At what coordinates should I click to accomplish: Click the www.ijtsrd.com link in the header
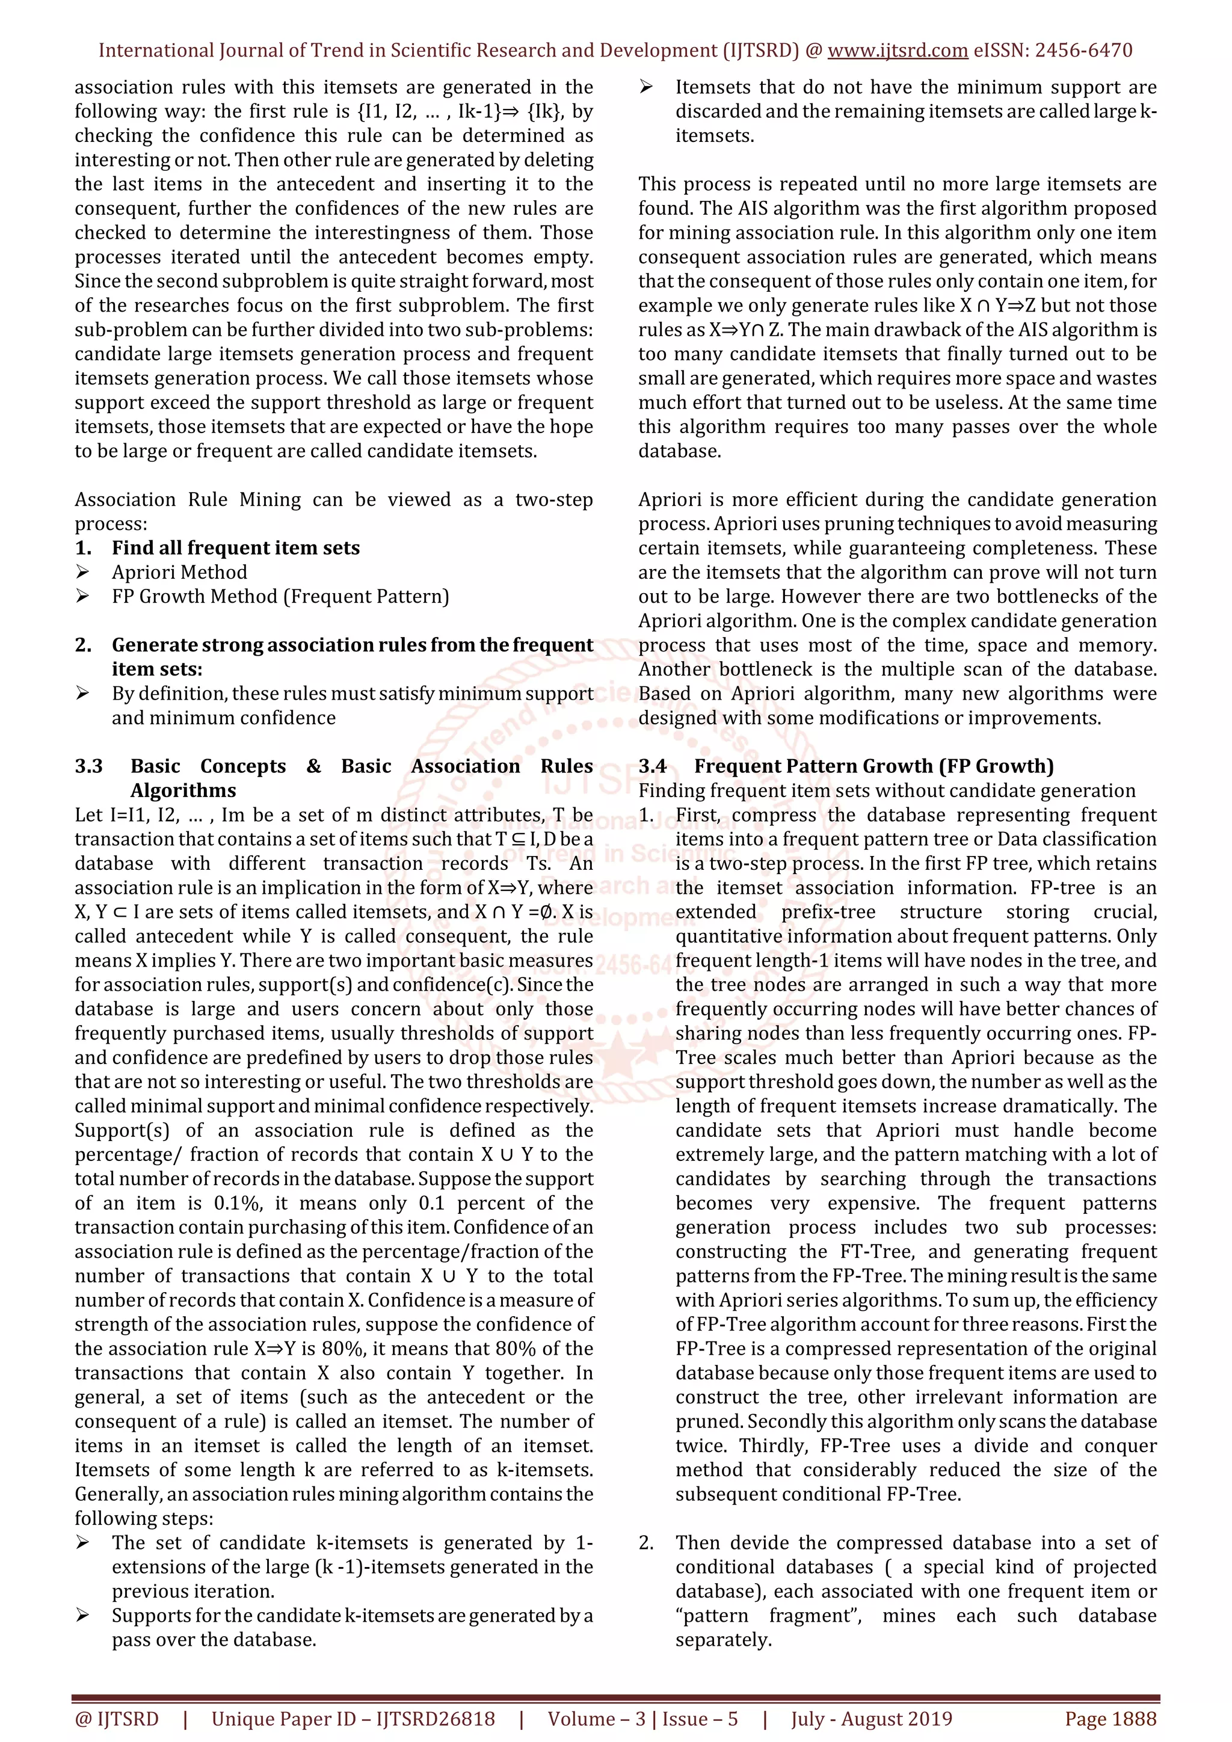(x=897, y=51)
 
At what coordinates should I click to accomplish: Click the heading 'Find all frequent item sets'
(x=235, y=548)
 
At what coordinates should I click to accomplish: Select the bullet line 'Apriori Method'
(x=179, y=572)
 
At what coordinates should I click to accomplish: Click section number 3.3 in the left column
(x=89, y=766)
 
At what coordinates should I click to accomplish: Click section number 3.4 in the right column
(x=653, y=766)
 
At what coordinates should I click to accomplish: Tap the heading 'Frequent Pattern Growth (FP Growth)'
(x=874, y=766)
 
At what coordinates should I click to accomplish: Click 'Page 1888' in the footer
(x=1110, y=1719)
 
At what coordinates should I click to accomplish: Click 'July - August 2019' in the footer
(x=871, y=1719)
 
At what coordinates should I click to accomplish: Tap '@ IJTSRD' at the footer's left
(x=116, y=1719)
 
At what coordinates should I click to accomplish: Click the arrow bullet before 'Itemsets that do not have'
(x=646, y=87)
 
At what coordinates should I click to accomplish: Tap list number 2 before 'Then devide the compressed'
(x=645, y=1543)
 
